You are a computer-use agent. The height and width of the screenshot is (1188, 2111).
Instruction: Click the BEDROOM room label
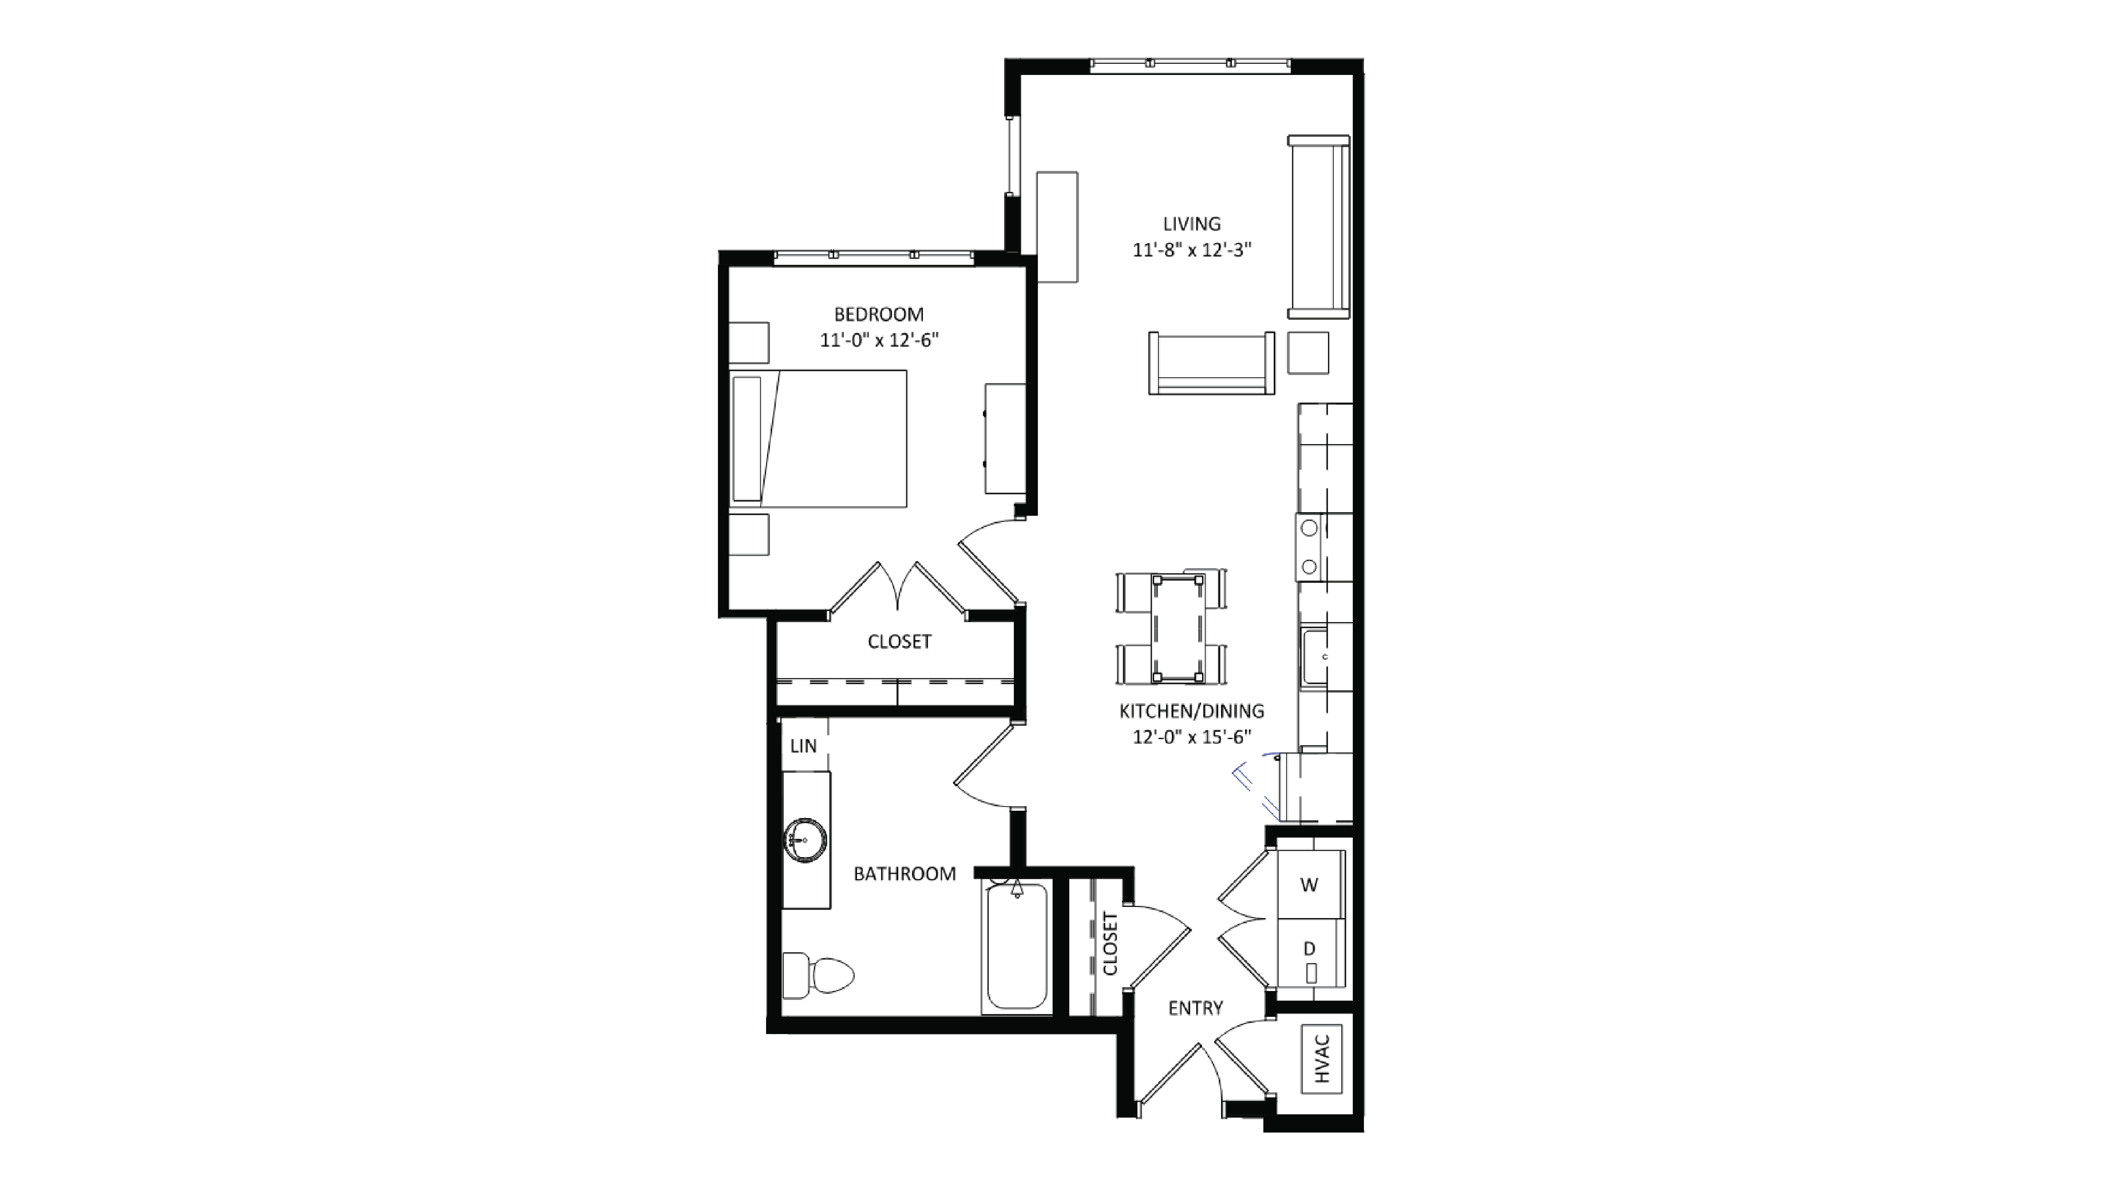point(879,314)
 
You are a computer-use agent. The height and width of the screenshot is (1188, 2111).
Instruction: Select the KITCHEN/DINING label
point(1191,711)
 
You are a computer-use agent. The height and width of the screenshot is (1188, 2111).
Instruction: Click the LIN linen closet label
point(803,746)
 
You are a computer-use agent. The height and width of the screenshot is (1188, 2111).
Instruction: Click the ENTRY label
point(1195,1008)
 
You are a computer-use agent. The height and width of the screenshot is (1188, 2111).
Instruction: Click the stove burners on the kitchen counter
point(1309,547)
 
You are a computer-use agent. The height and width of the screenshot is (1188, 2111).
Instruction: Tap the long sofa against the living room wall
point(1318,227)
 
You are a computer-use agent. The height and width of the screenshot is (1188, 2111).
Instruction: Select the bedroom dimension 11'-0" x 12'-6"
point(879,340)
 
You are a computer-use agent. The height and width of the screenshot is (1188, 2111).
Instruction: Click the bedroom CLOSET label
point(899,642)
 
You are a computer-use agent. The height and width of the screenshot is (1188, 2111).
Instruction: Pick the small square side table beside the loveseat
point(1308,352)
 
